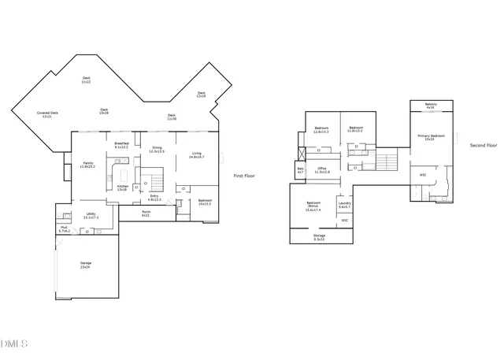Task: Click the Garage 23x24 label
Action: pos(85,265)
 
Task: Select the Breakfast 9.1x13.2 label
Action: pos(122,145)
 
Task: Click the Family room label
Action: pos(87,165)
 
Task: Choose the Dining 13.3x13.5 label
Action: pos(157,149)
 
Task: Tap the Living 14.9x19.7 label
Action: pos(196,155)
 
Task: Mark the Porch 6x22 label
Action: pos(146,213)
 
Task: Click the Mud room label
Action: pos(64,229)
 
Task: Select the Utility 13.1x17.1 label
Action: pos(91,215)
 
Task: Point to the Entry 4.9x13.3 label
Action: pos(154,198)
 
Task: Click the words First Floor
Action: pos(245,176)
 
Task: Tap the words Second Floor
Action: pos(484,146)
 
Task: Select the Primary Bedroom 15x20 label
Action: pos(430,137)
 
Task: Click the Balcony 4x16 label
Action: pos(431,106)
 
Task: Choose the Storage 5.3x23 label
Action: pos(319,236)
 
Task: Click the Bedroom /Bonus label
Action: pos(313,208)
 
